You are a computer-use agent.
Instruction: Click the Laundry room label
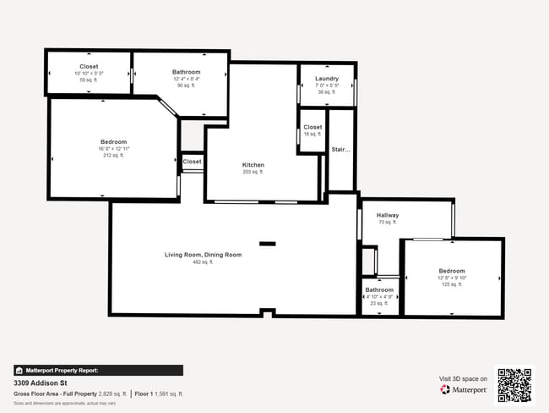tap(326, 79)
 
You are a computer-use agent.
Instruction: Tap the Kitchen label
tap(253, 165)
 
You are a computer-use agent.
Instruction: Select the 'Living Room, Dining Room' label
tap(203, 255)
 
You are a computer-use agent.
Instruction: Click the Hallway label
tap(388, 215)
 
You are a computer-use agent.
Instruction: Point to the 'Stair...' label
tap(340, 150)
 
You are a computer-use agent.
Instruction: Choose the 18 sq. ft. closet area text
tap(313, 134)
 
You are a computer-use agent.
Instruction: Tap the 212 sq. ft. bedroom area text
tap(114, 156)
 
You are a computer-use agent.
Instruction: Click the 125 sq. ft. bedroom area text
tap(451, 284)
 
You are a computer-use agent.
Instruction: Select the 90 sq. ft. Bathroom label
tap(186, 72)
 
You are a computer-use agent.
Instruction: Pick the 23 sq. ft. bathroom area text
tap(379, 303)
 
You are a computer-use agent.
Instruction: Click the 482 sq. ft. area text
tap(203, 262)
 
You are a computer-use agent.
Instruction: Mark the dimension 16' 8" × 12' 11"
tap(114, 149)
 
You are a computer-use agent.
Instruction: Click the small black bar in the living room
tap(267, 244)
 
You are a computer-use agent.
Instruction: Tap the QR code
tap(514, 385)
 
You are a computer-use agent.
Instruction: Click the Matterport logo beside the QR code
tap(463, 390)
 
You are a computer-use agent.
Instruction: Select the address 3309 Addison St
tap(41, 383)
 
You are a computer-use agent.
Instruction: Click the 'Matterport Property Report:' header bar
tap(98, 370)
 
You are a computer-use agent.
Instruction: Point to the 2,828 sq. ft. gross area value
tap(109, 394)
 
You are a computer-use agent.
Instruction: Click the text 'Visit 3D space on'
tap(464, 378)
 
